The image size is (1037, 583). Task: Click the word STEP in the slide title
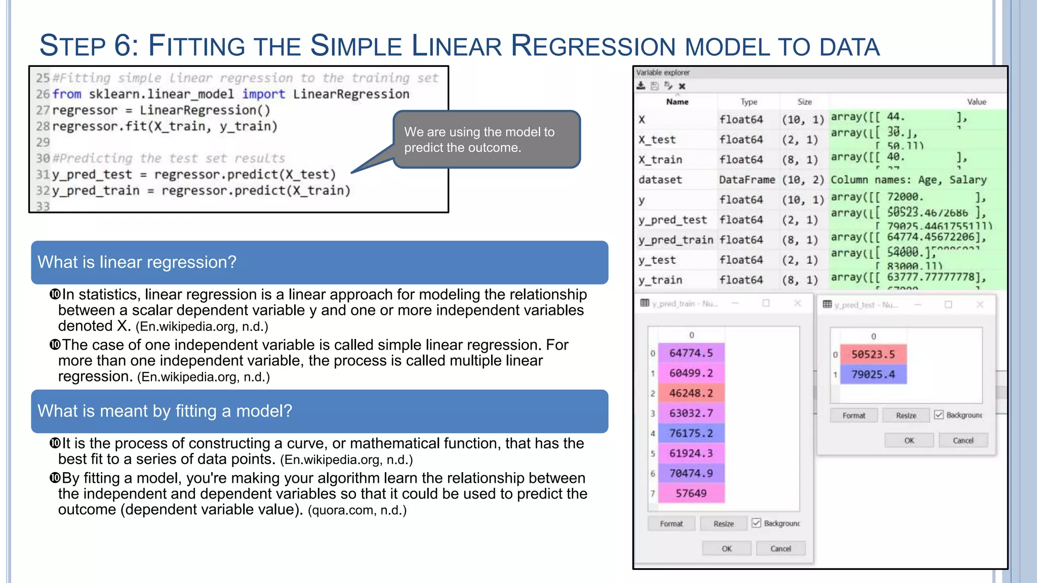pyautogui.click(x=72, y=46)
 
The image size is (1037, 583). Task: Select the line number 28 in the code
pyautogui.click(x=43, y=127)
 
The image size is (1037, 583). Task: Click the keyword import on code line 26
pyautogui.click(x=263, y=94)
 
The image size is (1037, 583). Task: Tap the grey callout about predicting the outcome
pyautogui.click(x=486, y=140)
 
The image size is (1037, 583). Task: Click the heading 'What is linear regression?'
pyautogui.click(x=137, y=262)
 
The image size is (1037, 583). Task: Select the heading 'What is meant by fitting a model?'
pyautogui.click(x=165, y=411)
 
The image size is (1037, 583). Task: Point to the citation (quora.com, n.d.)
pyautogui.click(x=357, y=510)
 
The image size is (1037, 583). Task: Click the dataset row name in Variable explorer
pyautogui.click(x=660, y=180)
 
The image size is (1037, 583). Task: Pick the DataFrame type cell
pyautogui.click(x=746, y=180)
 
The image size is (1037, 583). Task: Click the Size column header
pyautogui.click(x=804, y=102)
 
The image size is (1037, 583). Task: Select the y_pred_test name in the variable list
pyautogui.click(x=672, y=220)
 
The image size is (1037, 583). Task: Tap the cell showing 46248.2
pyautogui.click(x=691, y=393)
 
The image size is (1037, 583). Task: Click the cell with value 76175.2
pyautogui.click(x=691, y=433)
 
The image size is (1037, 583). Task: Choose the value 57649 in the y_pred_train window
pyautogui.click(x=691, y=493)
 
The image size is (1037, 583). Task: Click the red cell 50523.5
pyautogui.click(x=873, y=354)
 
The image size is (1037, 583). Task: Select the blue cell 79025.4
pyautogui.click(x=873, y=374)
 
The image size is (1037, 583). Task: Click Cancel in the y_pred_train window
pyautogui.click(x=780, y=549)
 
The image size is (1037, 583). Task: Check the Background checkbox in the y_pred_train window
pyautogui.click(x=756, y=523)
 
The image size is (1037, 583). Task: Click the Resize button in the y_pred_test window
pyautogui.click(x=906, y=415)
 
